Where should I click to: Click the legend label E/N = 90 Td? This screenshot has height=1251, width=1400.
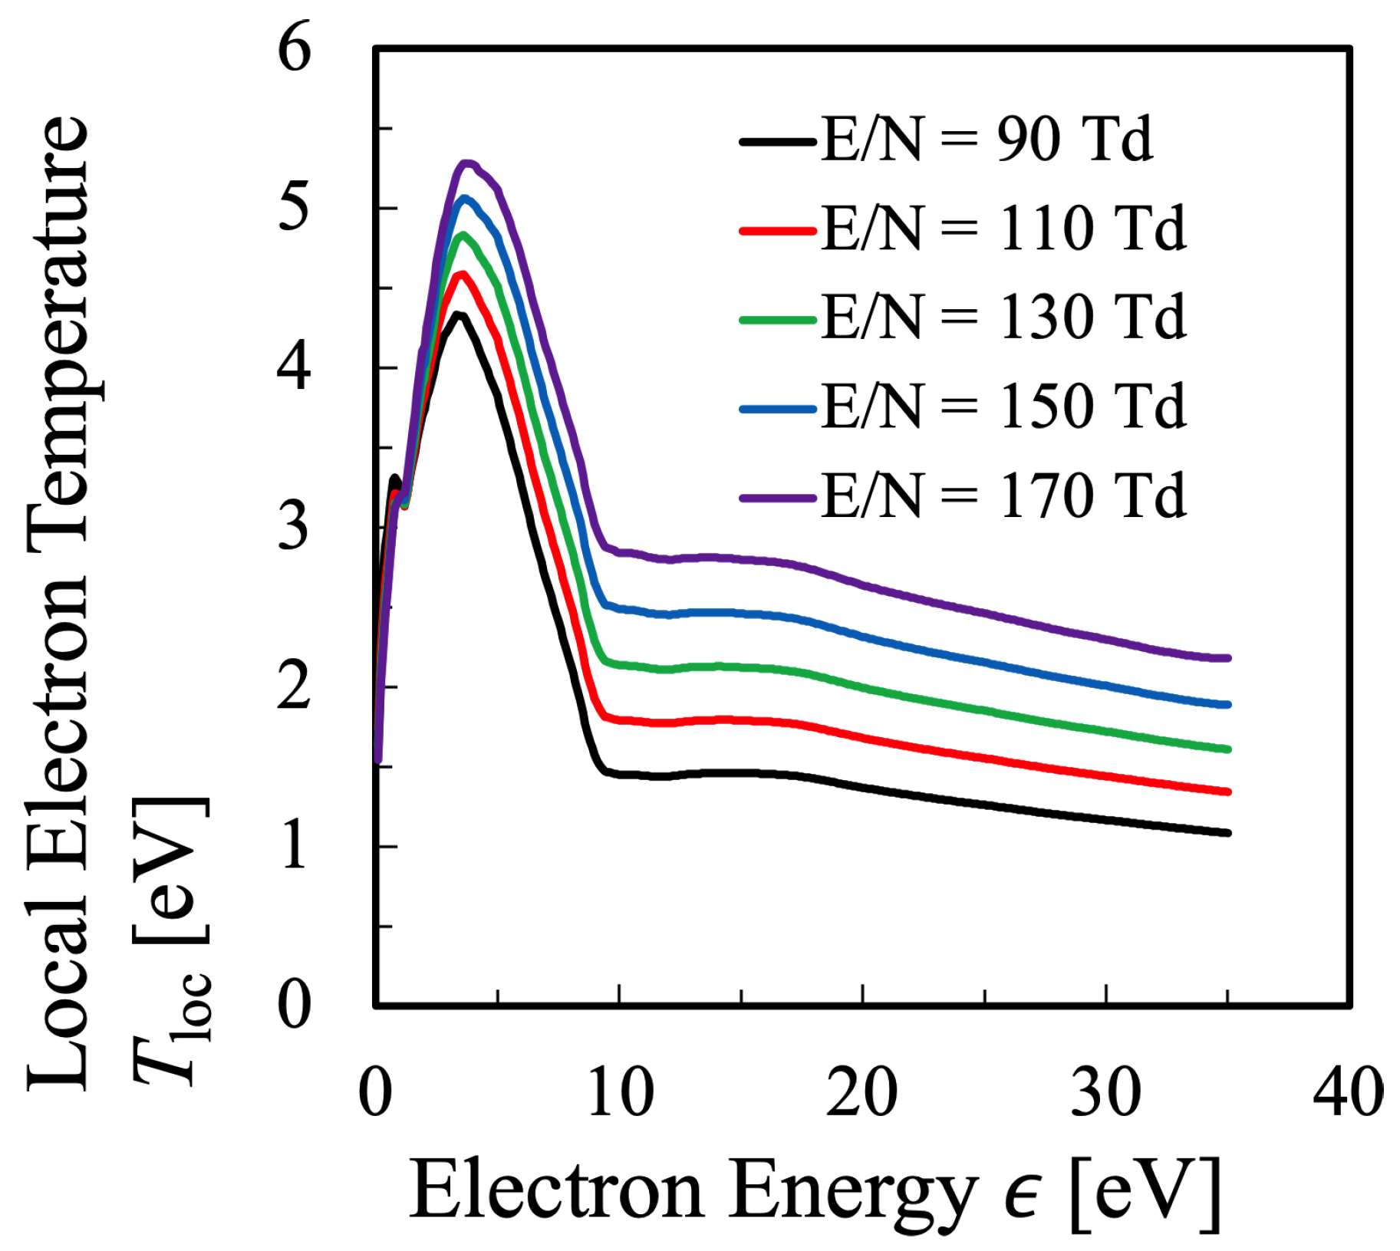[x=986, y=140]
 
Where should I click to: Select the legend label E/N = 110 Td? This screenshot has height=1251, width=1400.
[x=1003, y=229]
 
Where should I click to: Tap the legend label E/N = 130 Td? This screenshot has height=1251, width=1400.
[x=1003, y=318]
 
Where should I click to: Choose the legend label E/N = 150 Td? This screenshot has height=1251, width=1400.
[x=1003, y=407]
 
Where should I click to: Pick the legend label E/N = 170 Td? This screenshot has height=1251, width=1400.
[x=1003, y=496]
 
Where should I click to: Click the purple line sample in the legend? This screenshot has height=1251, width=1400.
[x=777, y=498]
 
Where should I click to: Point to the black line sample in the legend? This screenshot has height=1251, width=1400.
[x=777, y=142]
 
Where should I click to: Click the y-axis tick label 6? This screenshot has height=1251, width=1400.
[x=294, y=48]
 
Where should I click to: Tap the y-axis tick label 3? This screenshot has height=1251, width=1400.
[x=294, y=527]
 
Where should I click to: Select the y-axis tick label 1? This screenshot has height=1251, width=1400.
[x=294, y=847]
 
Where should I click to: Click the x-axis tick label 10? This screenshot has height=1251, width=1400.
[x=620, y=1091]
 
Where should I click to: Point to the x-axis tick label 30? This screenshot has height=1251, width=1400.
[x=1105, y=1091]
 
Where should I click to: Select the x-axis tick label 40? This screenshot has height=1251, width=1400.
[x=1348, y=1091]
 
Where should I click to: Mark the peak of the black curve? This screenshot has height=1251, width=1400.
[x=458, y=314]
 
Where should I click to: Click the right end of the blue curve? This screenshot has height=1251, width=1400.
[x=1227, y=704]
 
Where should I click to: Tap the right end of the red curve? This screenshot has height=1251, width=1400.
[x=1227, y=792]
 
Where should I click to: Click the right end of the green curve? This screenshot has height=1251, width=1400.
[x=1227, y=749]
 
